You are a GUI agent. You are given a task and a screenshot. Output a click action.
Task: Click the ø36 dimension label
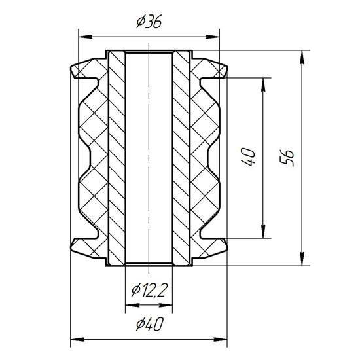pyautogui.click(x=149, y=22)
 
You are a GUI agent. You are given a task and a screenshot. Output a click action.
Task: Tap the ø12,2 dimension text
pyautogui.click(x=149, y=290)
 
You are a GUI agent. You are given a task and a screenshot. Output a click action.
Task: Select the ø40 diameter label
pyautogui.click(x=149, y=324)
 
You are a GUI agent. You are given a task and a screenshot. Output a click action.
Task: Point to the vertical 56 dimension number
pyautogui.click(x=287, y=158)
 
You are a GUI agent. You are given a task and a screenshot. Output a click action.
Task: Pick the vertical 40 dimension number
pyautogui.click(x=248, y=157)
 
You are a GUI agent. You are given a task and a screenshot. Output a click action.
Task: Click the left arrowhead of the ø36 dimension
pyautogui.click(x=86, y=37)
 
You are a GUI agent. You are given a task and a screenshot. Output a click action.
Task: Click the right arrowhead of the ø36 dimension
pyautogui.click(x=213, y=37)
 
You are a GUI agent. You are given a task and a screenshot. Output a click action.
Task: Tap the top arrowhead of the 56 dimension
pyautogui.click(x=302, y=58)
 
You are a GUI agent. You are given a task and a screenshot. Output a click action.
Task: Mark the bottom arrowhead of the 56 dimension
pyautogui.click(x=302, y=259)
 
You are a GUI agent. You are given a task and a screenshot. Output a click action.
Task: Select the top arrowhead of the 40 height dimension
pyautogui.click(x=263, y=85)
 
